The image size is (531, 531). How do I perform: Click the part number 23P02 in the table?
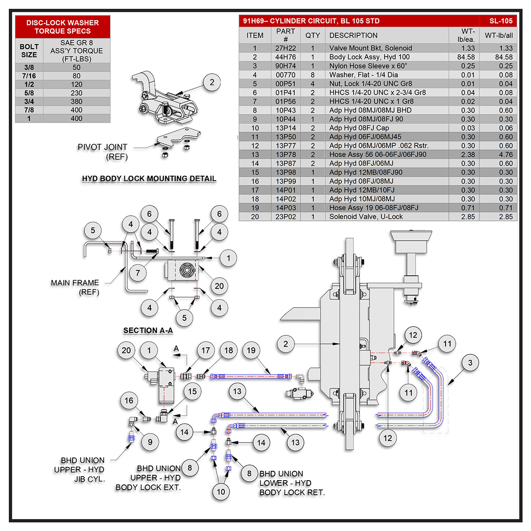(285, 217)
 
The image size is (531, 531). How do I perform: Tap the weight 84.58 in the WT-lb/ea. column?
(466, 57)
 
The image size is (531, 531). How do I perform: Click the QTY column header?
(312, 35)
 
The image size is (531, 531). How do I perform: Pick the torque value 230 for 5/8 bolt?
(77, 93)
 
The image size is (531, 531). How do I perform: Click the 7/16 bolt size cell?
(29, 76)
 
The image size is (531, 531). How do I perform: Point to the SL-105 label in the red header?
(501, 21)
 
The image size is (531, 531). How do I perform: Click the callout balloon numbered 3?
(470, 363)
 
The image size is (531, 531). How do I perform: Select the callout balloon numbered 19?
(251, 350)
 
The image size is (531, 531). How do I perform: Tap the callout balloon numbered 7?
(138, 273)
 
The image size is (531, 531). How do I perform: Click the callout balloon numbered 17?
(206, 350)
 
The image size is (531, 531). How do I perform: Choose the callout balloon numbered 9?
(150, 442)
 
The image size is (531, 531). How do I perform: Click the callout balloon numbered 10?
(221, 491)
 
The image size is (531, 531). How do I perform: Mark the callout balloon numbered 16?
(129, 400)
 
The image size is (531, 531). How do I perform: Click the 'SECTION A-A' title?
(148, 331)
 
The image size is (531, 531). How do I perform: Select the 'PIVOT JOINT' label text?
(102, 147)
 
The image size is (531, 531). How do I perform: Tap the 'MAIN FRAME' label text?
(75, 283)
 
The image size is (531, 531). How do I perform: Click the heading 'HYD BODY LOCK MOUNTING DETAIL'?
(149, 179)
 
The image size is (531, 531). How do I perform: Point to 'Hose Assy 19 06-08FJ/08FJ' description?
(373, 208)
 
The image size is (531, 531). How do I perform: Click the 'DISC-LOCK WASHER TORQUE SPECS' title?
(62, 27)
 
